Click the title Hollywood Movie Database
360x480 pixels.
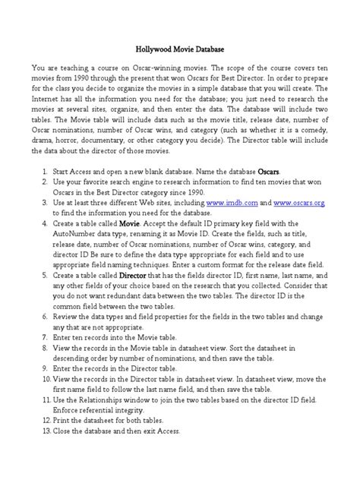click(179, 47)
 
